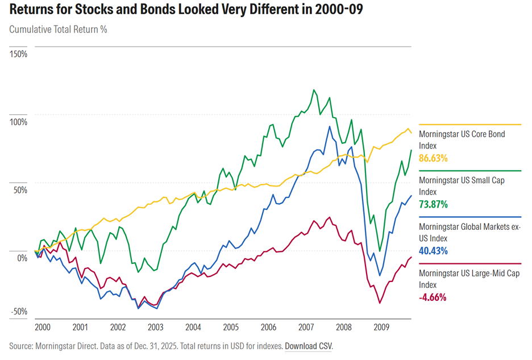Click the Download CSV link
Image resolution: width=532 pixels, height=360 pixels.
pos(308,346)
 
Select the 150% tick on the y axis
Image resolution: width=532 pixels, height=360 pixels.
pos(19,54)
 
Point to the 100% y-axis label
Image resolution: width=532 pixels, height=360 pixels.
pos(19,122)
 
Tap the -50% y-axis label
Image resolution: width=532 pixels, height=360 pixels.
pos(19,311)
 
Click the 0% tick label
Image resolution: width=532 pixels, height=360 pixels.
pos(22,258)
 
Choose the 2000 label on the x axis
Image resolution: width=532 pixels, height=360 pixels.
pos(43,328)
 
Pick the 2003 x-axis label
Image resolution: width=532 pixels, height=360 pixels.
pos(155,328)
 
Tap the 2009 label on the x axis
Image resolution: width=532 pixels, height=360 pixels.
pos(381,328)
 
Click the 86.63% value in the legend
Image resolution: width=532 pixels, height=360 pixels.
pos(433,158)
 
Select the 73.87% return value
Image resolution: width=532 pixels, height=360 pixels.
pos(433,204)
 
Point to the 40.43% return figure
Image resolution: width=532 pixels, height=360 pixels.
pos(433,251)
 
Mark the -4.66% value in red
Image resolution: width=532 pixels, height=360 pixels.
pos(433,297)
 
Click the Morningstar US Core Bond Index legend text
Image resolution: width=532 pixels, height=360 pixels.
pos(462,140)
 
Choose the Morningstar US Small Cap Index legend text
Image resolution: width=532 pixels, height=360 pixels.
pos(462,186)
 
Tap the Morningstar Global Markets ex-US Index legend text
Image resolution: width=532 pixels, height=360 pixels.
pos(469,233)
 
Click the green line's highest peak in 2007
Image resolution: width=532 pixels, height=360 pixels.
pos(313,90)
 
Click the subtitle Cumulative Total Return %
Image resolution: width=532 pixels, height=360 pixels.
pos(58,30)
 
